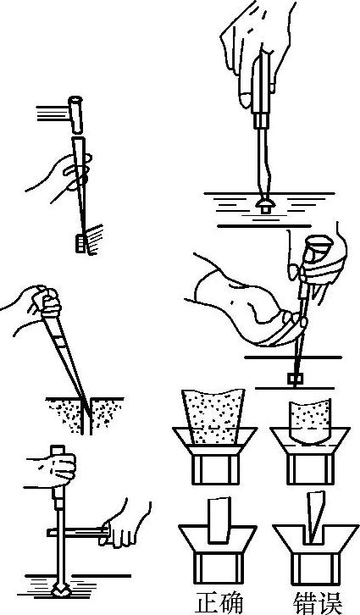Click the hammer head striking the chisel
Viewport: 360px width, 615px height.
point(75,114)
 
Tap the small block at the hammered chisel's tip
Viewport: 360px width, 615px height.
point(80,243)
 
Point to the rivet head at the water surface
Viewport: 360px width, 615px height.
point(265,205)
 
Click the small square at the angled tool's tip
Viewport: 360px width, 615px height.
point(295,379)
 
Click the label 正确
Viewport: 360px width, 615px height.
point(219,604)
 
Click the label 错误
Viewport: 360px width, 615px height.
point(317,604)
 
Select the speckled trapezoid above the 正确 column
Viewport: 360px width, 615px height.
point(214,417)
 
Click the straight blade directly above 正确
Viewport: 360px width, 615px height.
point(219,520)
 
